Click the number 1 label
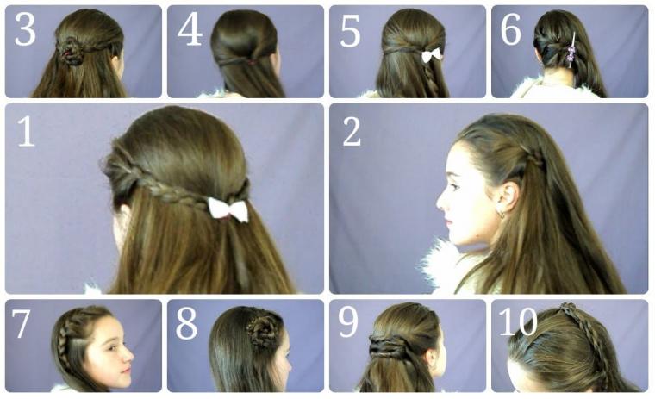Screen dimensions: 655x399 (26, 131)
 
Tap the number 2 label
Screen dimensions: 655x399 (352, 131)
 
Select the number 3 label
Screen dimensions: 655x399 (25, 29)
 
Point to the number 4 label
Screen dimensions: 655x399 (190, 29)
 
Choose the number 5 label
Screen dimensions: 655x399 (350, 30)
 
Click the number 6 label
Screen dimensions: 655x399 (510, 28)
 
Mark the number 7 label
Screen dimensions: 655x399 (21, 323)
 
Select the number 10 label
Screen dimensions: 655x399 (518, 321)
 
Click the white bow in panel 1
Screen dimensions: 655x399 (228, 209)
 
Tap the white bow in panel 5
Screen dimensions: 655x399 (431, 55)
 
